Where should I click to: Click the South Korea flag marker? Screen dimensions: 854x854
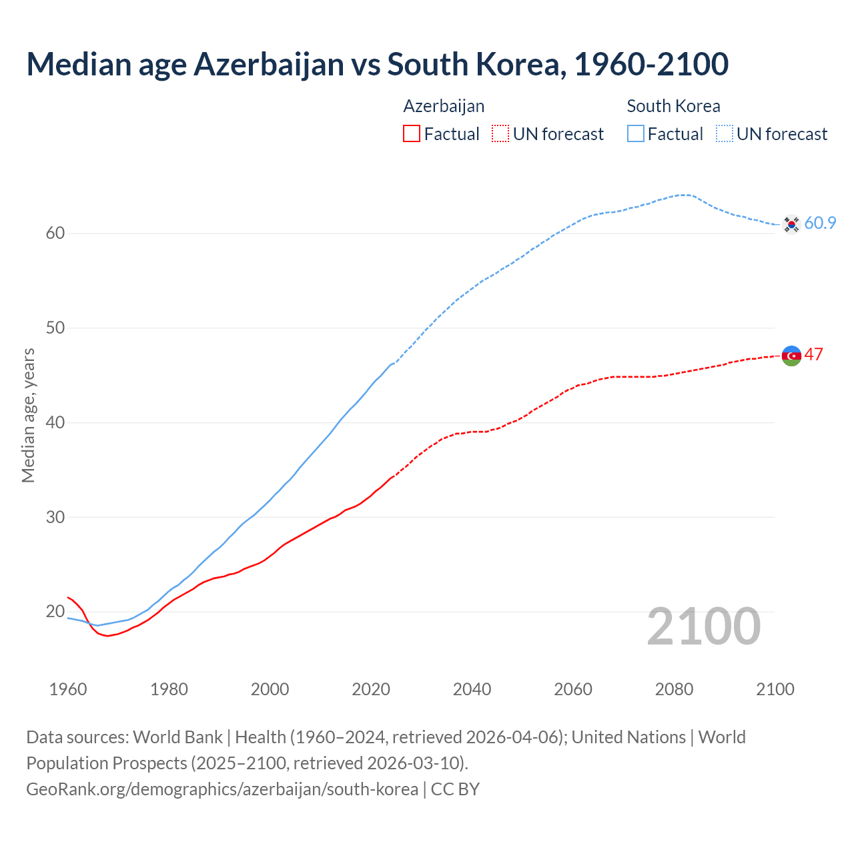(x=791, y=224)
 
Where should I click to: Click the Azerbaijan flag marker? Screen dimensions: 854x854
(x=791, y=356)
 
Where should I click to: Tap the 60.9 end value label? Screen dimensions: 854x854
(x=820, y=223)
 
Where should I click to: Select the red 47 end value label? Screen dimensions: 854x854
(x=813, y=354)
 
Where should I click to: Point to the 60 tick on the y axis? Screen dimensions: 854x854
(x=55, y=233)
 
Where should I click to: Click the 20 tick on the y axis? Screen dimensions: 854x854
(x=55, y=611)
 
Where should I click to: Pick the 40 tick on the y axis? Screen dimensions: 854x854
(x=55, y=422)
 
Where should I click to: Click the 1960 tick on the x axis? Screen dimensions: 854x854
(x=68, y=689)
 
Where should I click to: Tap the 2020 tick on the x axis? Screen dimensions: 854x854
(x=371, y=689)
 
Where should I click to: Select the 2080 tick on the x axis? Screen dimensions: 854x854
(x=674, y=689)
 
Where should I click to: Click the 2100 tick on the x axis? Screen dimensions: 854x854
(x=775, y=689)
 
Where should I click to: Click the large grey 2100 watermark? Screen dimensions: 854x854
(x=704, y=626)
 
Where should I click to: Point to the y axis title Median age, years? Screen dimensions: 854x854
(x=28, y=415)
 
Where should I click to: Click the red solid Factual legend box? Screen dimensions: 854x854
(x=412, y=133)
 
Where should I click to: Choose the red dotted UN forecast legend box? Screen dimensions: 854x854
(x=500, y=133)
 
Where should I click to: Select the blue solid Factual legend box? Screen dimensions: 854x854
(x=635, y=133)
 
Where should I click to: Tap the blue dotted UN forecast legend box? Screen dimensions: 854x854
(x=724, y=133)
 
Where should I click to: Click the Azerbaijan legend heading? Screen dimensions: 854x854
(x=444, y=106)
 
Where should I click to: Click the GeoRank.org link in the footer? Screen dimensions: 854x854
(x=222, y=789)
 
